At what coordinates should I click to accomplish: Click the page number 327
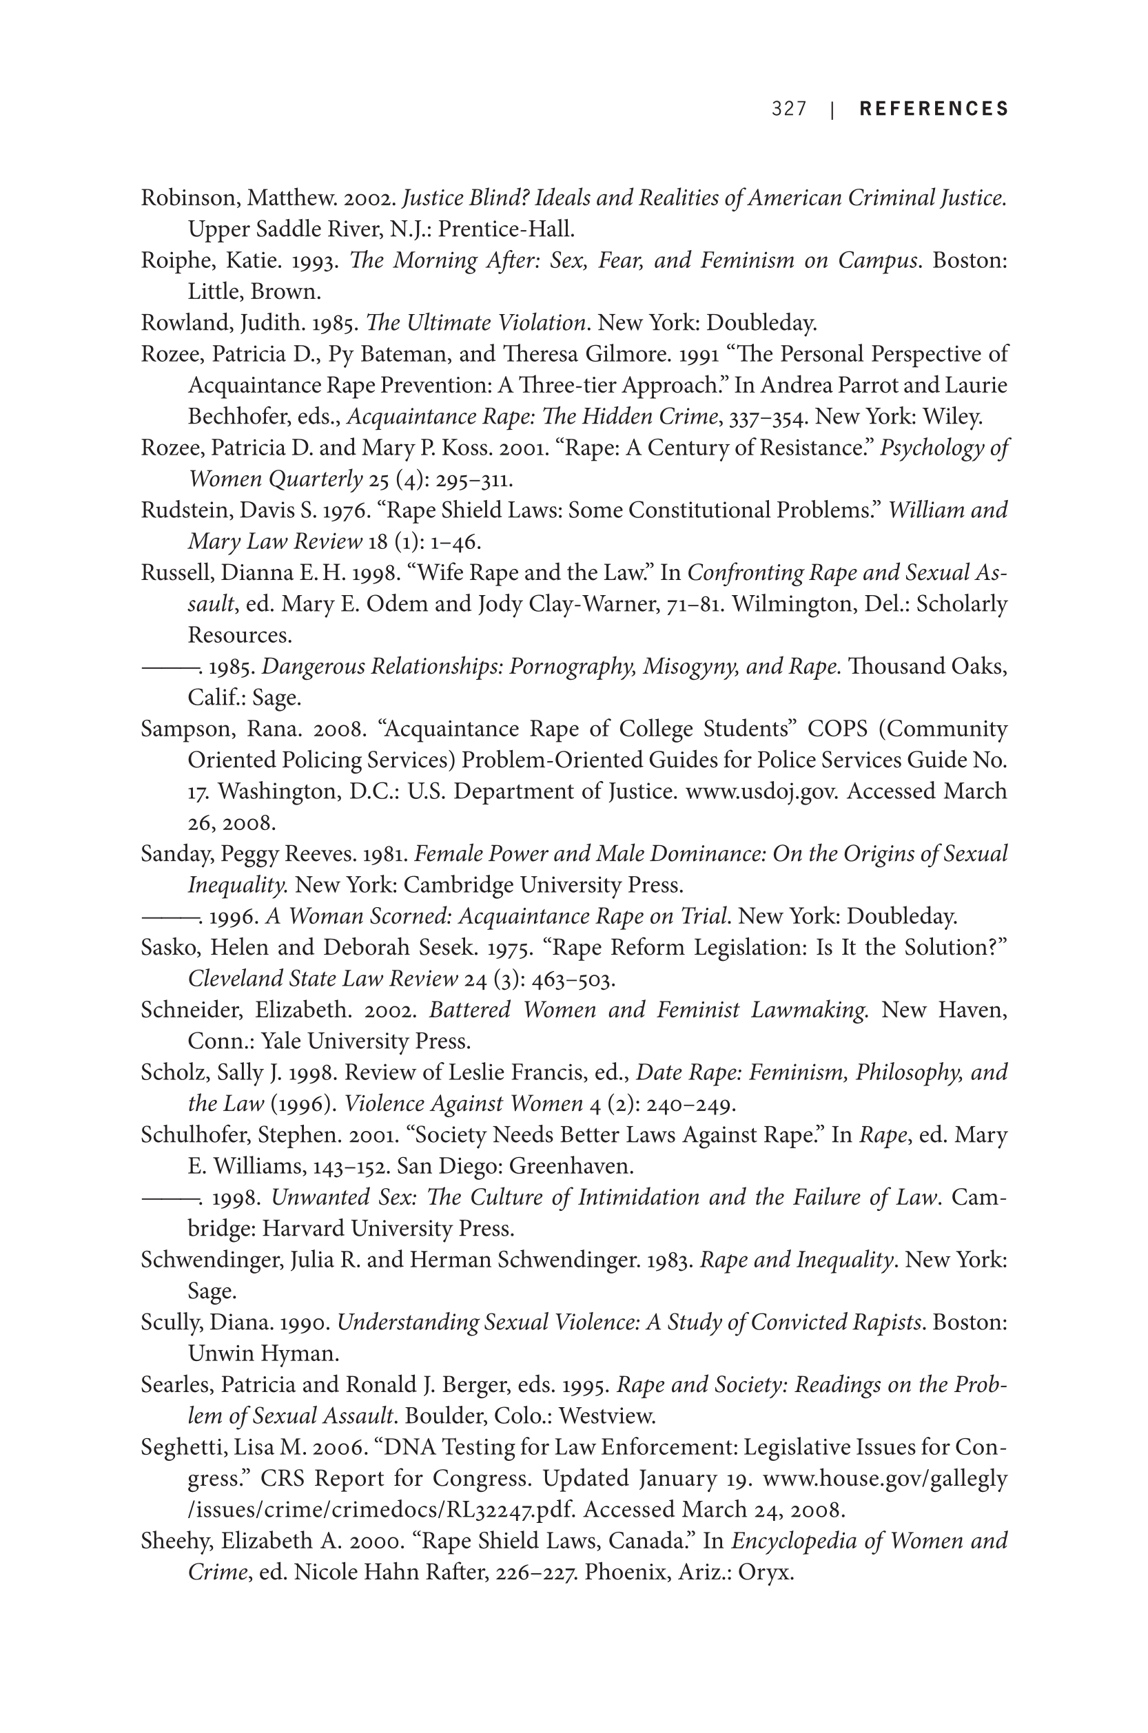788,109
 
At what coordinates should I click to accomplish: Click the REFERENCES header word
934,109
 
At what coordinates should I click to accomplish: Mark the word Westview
607,1416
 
